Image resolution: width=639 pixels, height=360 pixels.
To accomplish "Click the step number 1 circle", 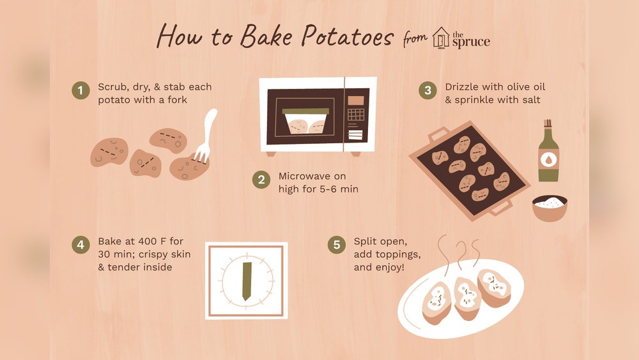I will [x=81, y=91].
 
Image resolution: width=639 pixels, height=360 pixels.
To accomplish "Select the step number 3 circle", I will [x=427, y=91].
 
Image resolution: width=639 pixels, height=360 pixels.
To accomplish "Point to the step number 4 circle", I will [x=81, y=245].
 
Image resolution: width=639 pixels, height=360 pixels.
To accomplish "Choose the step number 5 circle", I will [x=337, y=245].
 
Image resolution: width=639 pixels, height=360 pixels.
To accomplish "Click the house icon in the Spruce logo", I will [x=441, y=37].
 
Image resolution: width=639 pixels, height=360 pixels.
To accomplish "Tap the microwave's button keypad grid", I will [x=356, y=115].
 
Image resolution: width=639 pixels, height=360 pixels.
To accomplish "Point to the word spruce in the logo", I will [x=471, y=42].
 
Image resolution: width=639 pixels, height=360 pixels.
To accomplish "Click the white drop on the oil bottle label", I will [x=548, y=159].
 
